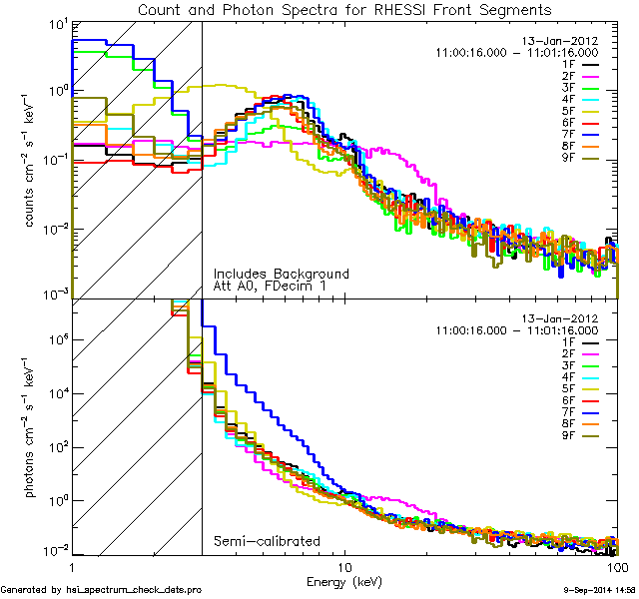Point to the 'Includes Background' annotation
[281, 274]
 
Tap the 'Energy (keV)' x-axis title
[344, 579]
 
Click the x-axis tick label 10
[345, 566]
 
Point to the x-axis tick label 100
[617, 566]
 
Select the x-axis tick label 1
[72, 566]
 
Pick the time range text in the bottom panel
[517, 329]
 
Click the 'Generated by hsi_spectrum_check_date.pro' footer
[101, 590]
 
